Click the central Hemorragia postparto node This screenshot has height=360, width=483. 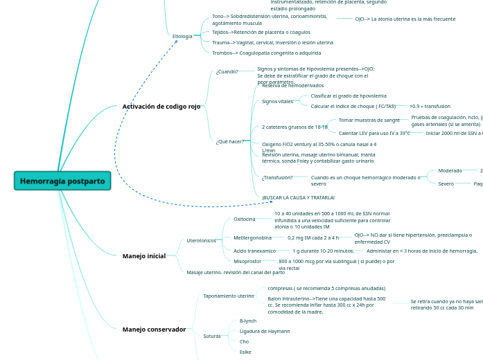(62, 181)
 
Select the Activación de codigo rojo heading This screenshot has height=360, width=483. (161, 107)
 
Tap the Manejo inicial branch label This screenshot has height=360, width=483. (144, 256)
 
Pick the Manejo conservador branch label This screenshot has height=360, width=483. (154, 330)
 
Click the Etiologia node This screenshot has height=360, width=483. (182, 36)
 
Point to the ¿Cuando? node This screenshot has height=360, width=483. (227, 71)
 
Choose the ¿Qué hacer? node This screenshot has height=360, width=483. (230, 141)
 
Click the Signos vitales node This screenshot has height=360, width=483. (277, 101)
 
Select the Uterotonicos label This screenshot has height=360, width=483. (202, 240)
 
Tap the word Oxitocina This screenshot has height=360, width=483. (244, 219)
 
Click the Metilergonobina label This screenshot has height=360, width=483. (247, 237)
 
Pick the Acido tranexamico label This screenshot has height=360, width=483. (254, 251)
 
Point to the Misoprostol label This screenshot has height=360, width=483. (247, 261)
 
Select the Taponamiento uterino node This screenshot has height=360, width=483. (229, 296)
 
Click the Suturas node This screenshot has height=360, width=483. (212, 336)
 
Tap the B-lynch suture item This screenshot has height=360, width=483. (248, 321)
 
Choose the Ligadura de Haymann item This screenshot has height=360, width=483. (265, 331)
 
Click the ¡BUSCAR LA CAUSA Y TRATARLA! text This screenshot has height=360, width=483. (288, 197)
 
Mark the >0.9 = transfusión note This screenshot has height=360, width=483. (430, 106)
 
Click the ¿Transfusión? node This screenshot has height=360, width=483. (277, 177)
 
